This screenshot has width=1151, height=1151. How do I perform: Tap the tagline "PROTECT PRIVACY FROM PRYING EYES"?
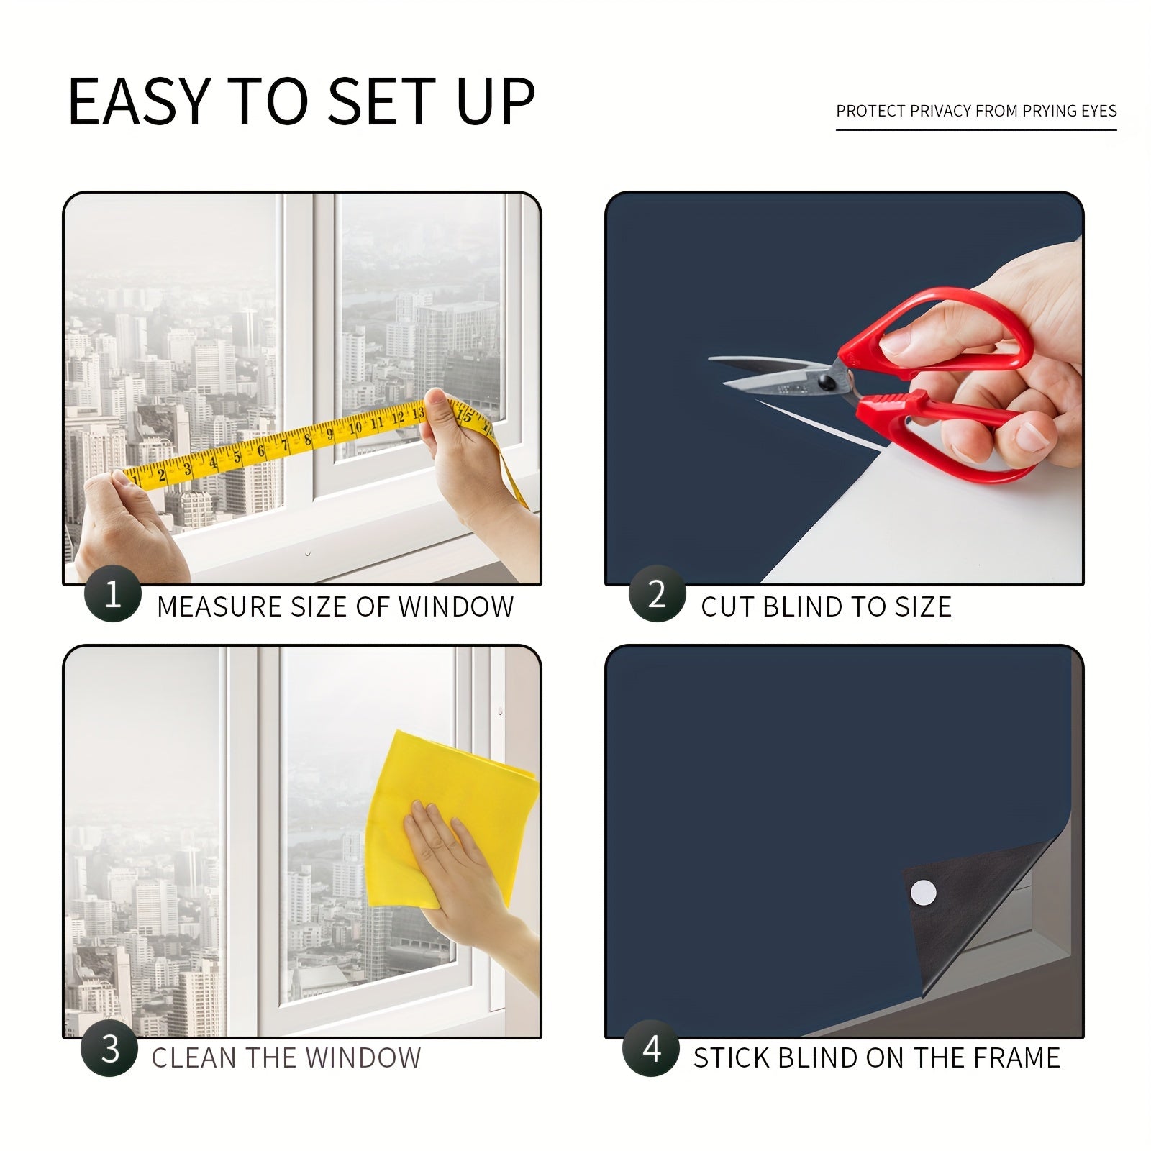click(x=976, y=111)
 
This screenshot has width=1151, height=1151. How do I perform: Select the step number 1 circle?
click(x=113, y=594)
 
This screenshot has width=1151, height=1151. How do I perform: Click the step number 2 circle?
click(x=657, y=594)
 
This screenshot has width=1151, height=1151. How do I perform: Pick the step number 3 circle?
click(x=109, y=1048)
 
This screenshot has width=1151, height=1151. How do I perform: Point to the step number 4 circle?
click(x=651, y=1048)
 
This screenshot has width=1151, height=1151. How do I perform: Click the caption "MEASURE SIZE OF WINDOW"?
click(x=335, y=607)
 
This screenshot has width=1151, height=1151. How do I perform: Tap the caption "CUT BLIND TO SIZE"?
click(x=826, y=607)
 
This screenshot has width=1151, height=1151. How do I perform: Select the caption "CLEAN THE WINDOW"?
click(x=286, y=1058)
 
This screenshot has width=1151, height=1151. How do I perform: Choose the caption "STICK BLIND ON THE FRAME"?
click(x=877, y=1058)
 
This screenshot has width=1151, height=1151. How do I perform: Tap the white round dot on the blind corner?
click(x=924, y=893)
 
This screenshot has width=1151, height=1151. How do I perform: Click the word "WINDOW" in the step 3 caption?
click(x=363, y=1058)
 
